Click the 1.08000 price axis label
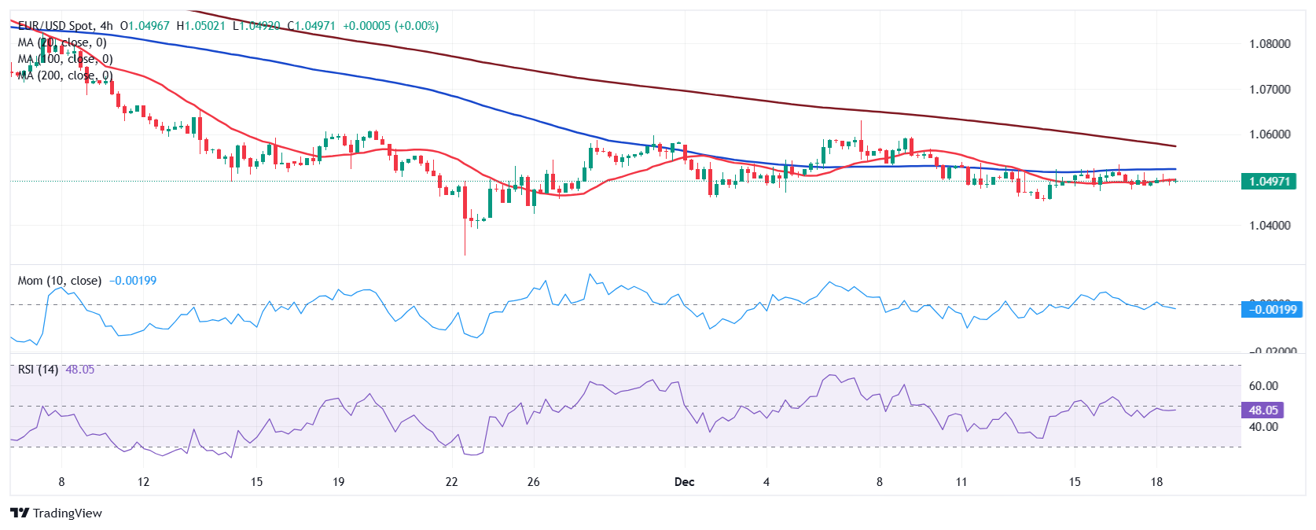(x=1270, y=44)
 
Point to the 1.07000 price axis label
(x=1270, y=90)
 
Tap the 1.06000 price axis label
(x=1270, y=134)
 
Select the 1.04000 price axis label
(x=1270, y=226)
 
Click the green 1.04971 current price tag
(x=1269, y=182)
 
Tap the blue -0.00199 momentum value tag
(x=1274, y=310)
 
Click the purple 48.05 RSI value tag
(x=1263, y=410)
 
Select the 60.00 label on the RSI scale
(x=1263, y=386)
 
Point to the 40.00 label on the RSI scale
(x=1263, y=427)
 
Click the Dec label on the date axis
(x=684, y=482)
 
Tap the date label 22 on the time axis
(x=451, y=482)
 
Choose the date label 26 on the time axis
(x=533, y=482)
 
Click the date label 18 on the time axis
(x=1156, y=482)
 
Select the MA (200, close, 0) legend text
(x=65, y=75)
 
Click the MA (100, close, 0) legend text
(x=65, y=59)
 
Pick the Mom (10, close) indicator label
(x=60, y=281)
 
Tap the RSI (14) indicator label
(x=38, y=370)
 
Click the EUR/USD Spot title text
(x=54, y=26)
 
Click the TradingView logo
(x=57, y=513)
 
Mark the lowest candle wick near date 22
(x=465, y=253)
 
